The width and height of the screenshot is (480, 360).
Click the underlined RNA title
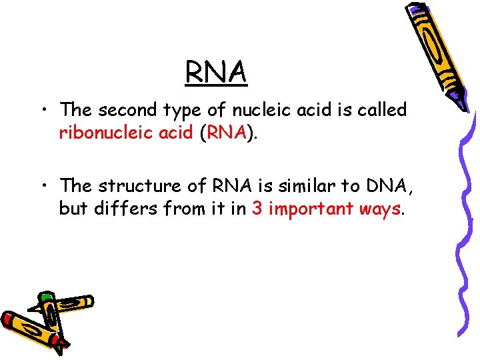(217, 72)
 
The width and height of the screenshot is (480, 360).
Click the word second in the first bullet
(127, 109)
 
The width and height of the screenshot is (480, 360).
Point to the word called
(383, 109)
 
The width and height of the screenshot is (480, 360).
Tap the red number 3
(257, 209)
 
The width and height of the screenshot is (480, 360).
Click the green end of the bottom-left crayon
(46, 297)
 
